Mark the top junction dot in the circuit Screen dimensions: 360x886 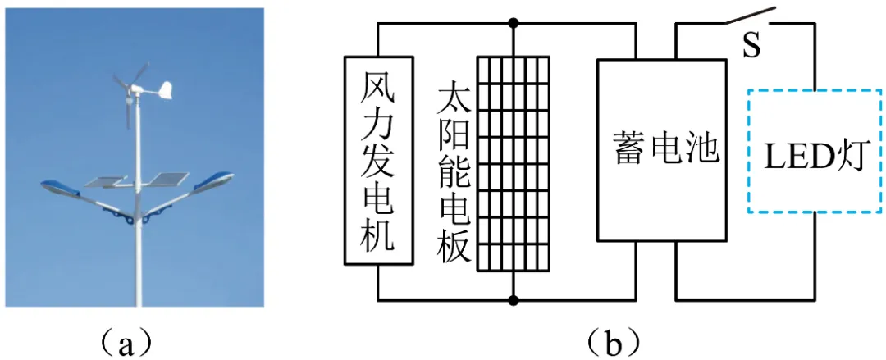514,22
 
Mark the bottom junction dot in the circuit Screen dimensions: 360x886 514,299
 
